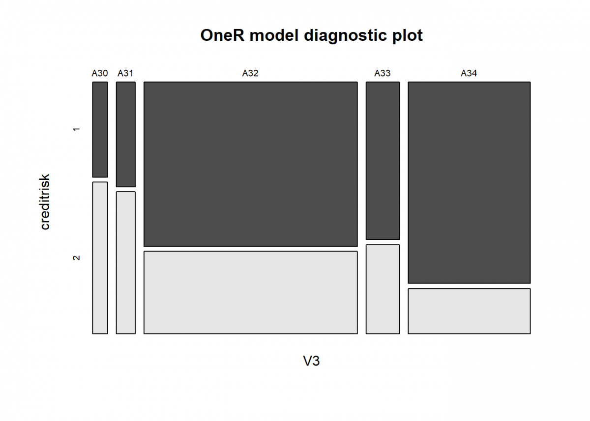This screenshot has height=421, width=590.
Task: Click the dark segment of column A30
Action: coord(100,129)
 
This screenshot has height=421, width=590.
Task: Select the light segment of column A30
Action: coord(100,257)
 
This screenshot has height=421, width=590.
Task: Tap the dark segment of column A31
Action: coord(125,134)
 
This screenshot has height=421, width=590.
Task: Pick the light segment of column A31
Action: coord(125,262)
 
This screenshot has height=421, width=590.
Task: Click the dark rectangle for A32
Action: coord(250,164)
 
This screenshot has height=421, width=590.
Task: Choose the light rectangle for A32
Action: coord(250,292)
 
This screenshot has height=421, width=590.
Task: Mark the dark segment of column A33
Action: coord(383,160)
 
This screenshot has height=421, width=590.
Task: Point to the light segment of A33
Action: coord(383,289)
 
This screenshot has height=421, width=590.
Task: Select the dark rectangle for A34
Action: coord(469,182)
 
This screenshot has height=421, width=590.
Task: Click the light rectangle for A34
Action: coord(469,311)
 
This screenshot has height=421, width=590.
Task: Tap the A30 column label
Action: coord(100,74)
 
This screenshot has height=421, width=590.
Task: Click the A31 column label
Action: coord(125,74)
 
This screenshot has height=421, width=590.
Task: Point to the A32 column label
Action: coord(250,74)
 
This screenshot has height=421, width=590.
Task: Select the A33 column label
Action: coord(383,74)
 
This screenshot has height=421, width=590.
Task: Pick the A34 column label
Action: coord(469,74)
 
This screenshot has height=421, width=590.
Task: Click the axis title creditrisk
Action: coord(45,201)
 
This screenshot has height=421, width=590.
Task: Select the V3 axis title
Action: coord(311,361)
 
